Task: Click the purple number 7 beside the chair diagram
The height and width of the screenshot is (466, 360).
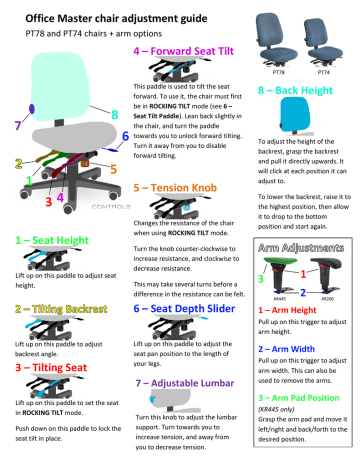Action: tap(13, 126)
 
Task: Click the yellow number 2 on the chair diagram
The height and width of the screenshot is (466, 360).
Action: tap(18, 161)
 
